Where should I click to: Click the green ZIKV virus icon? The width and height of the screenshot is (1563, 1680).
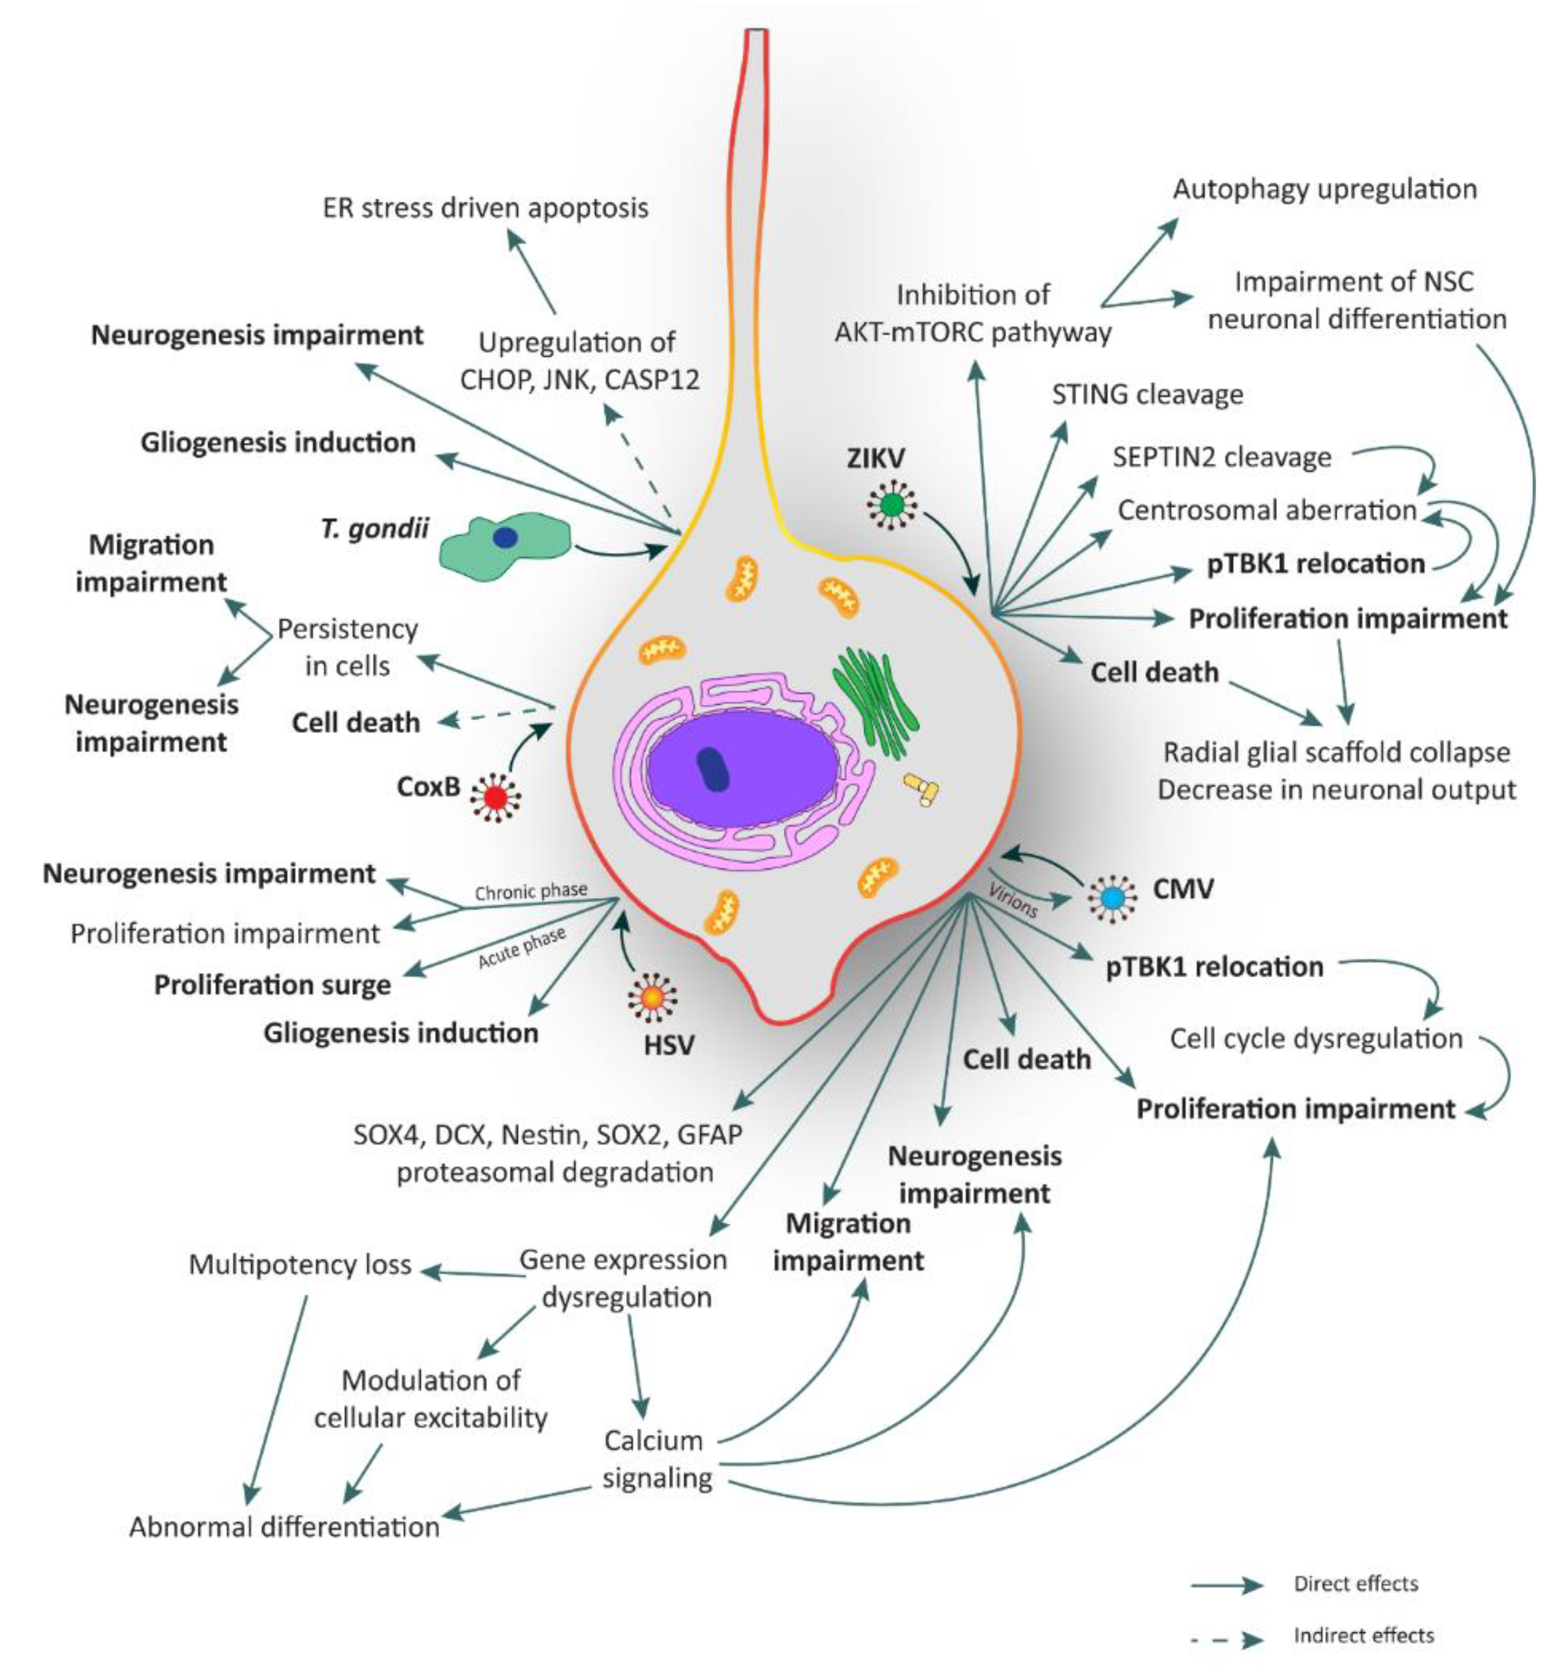click(x=892, y=505)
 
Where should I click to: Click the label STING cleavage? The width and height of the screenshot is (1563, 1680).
click(x=1146, y=394)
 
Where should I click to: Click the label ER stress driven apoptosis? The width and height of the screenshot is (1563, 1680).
click(x=485, y=208)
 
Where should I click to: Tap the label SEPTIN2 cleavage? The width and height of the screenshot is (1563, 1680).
click(x=1220, y=457)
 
